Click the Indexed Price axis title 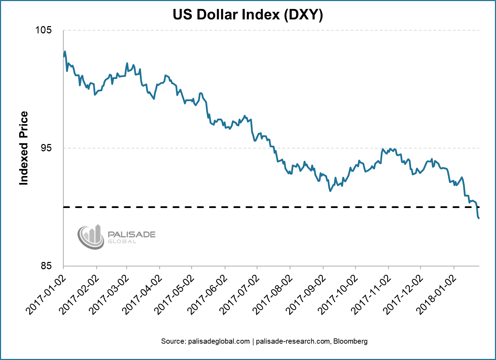pyautogui.click(x=24, y=148)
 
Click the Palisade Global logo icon pyautogui.click(x=90, y=237)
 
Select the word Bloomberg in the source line pyautogui.click(x=351, y=341)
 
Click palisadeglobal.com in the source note pyautogui.click(x=205, y=341)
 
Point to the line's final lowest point pyautogui.click(x=479, y=218)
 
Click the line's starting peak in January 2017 pyautogui.click(x=65, y=51)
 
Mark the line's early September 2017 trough pyautogui.click(x=330, y=191)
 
